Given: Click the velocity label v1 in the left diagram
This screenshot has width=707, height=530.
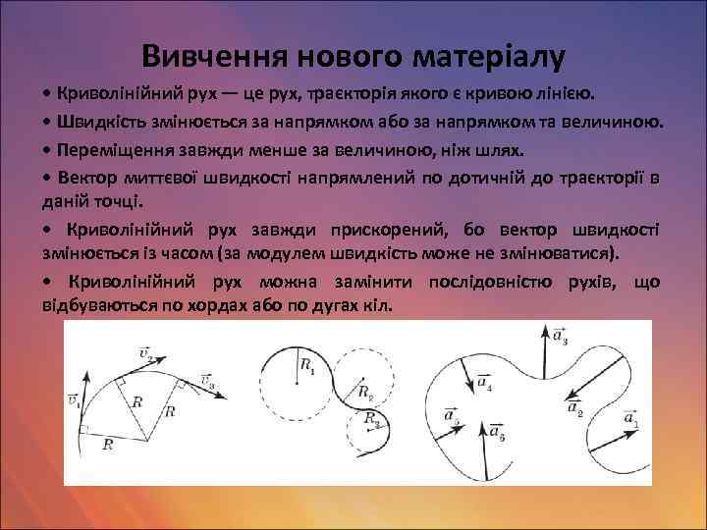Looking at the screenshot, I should click(75, 399).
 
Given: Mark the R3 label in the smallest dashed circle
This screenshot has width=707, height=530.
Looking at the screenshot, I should click(371, 419).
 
